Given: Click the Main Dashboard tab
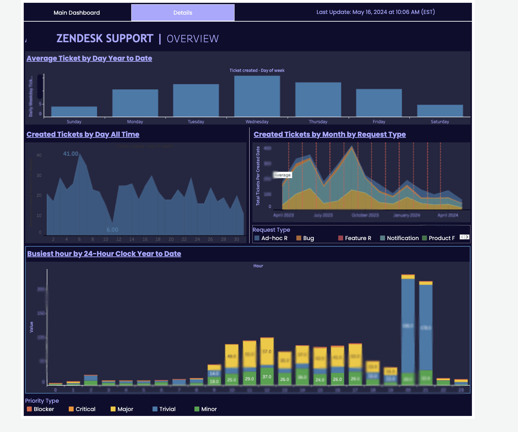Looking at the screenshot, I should [77, 13].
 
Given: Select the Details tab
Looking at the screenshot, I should [183, 13].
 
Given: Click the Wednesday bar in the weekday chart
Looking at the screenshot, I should [257, 96].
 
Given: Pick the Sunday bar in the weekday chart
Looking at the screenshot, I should [74, 112].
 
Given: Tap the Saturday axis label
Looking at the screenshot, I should [440, 122].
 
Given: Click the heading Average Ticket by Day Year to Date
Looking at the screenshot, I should [89, 58].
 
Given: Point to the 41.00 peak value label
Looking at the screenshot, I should [71, 154].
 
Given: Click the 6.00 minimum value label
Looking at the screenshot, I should [112, 230].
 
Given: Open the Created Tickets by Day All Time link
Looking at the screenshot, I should [83, 134].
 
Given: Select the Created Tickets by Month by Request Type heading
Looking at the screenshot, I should [330, 134].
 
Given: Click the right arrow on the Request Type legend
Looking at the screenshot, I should [467, 237].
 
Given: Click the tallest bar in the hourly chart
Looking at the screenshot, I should [408, 328].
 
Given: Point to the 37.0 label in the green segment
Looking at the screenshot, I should [267, 377].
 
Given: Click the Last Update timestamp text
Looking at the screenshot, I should [376, 12].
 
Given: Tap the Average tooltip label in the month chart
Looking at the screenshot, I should [282, 175].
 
